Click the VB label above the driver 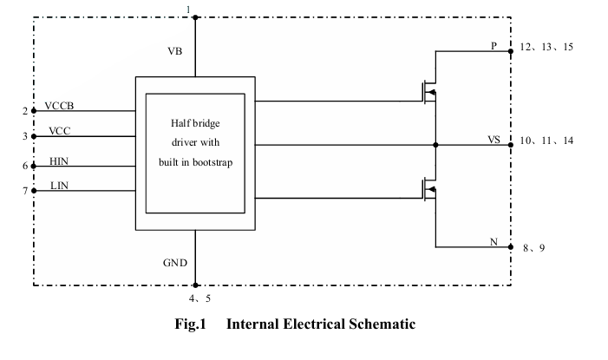pos(174,52)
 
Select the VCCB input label pos(60,107)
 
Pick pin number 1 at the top pos(189,9)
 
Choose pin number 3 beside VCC pos(25,136)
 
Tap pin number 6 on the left pos(25,166)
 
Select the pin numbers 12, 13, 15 pos(546,47)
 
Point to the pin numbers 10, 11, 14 pos(546,140)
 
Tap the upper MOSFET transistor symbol pos(427,91)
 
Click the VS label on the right pos(494,139)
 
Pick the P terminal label pos(494,46)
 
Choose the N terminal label pos(494,242)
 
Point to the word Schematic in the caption pos(381,324)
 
